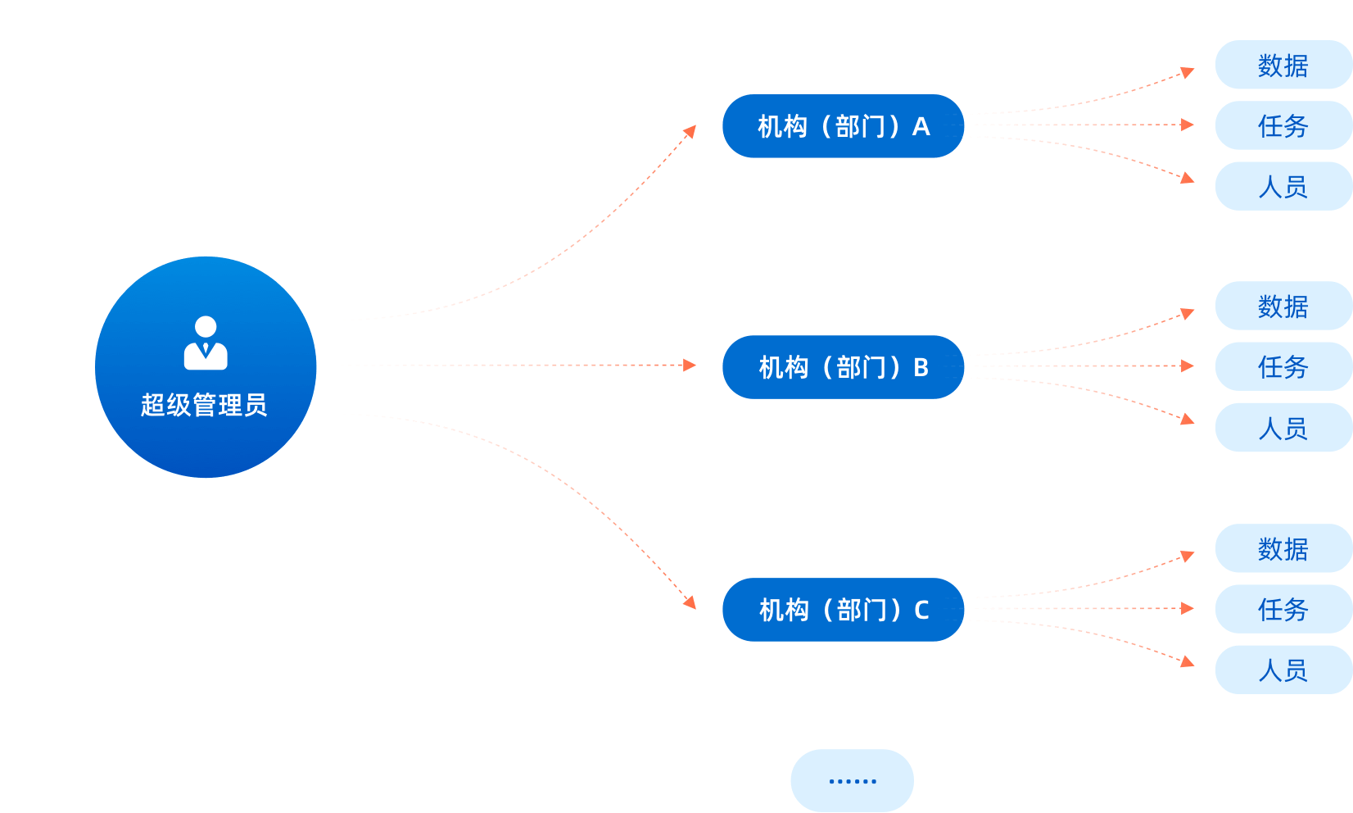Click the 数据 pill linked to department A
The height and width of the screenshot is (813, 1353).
pyautogui.click(x=1283, y=65)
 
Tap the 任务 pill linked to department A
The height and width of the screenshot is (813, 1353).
pyautogui.click(x=1283, y=125)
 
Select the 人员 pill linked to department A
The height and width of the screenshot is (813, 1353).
pyautogui.click(x=1283, y=186)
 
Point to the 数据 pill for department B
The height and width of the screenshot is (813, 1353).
pyautogui.click(x=1283, y=306)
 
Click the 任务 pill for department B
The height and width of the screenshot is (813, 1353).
pyautogui.click(x=1283, y=366)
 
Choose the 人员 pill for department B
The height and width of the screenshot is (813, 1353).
pyautogui.click(x=1283, y=427)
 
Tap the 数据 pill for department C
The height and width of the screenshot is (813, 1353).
pyautogui.click(x=1283, y=548)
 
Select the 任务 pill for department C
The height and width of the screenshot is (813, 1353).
pyautogui.click(x=1283, y=609)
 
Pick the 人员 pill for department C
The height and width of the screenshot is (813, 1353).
pyautogui.click(x=1283, y=670)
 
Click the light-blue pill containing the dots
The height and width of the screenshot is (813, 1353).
pyautogui.click(x=852, y=780)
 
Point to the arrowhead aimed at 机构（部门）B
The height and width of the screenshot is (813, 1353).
pyautogui.click(x=690, y=365)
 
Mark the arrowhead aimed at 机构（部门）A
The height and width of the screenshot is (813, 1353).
pyautogui.click(x=690, y=130)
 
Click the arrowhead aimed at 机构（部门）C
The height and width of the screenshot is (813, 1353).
pyautogui.click(x=690, y=603)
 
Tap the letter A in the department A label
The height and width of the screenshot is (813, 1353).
pyautogui.click(x=921, y=126)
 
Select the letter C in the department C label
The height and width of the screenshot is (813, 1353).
pyautogui.click(x=921, y=610)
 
